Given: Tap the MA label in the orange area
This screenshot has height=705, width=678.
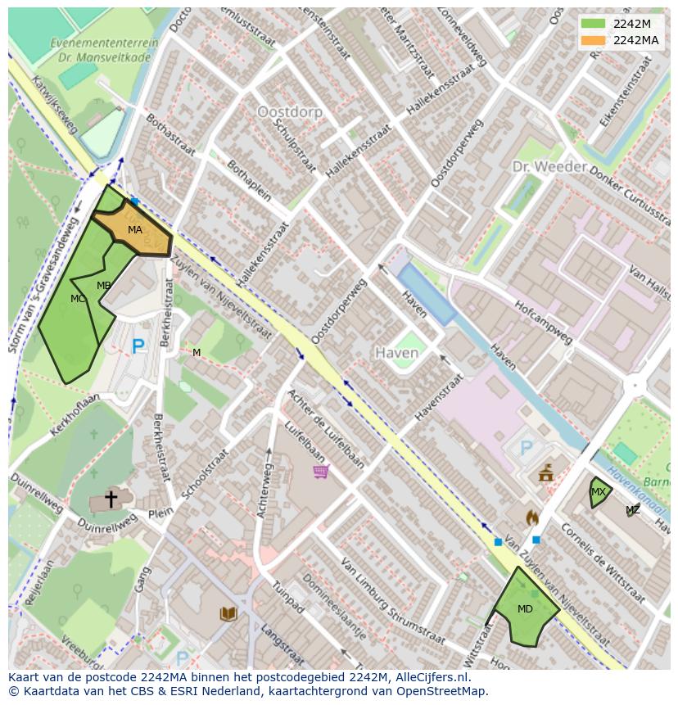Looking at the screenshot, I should tap(135, 230).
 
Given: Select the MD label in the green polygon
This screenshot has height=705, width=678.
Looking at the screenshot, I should tap(525, 609).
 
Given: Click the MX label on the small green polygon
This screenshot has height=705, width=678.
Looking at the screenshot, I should tap(599, 492).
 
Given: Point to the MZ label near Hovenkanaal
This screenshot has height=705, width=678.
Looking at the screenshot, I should tap(633, 510).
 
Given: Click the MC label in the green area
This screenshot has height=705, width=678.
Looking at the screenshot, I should tap(78, 299).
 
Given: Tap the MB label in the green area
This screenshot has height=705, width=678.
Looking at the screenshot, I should tap(104, 286).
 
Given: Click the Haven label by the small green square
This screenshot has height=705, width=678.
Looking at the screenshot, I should tap(396, 353).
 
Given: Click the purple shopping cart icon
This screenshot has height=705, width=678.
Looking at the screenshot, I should tap(320, 471).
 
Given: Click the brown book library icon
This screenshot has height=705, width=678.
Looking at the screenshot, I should tap(228, 613).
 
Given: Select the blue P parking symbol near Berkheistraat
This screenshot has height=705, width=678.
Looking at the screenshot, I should tap(138, 347).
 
